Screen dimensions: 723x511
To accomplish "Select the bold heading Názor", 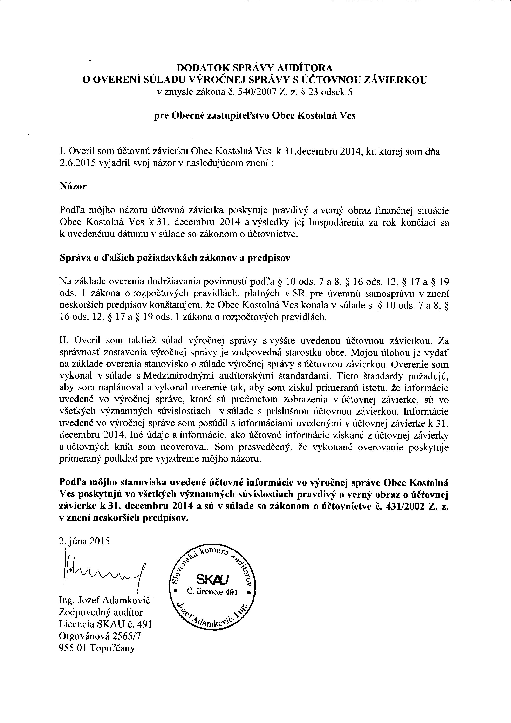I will pyautogui.click(x=73, y=186).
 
